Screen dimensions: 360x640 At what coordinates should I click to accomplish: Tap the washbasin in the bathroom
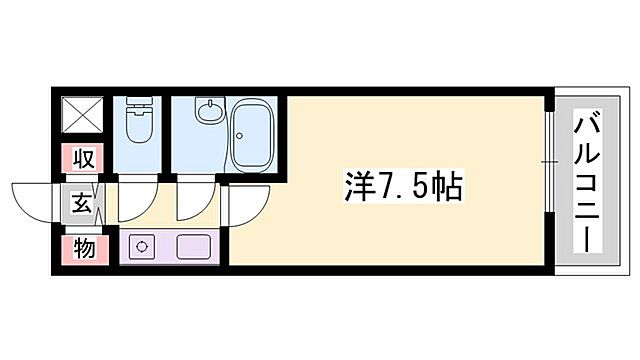coord(206,111)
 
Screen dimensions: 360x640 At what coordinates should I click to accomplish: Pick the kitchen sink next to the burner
coord(191,246)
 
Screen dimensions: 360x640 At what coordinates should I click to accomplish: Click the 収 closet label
coord(84,159)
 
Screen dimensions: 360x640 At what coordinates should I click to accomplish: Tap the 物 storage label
coord(84,248)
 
